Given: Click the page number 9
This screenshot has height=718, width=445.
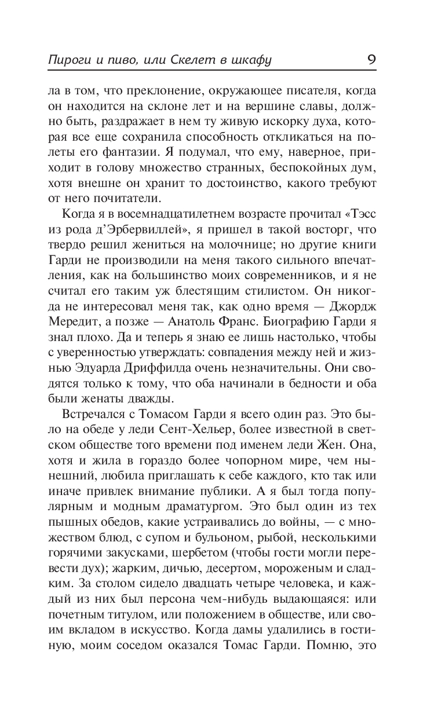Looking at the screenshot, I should click(371, 60).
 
